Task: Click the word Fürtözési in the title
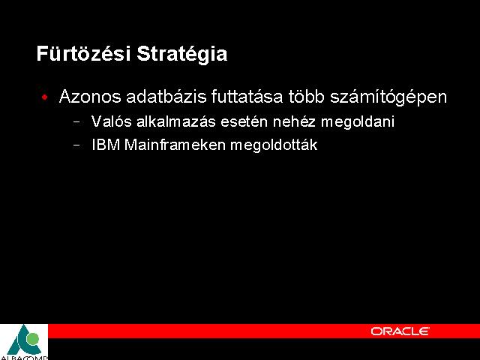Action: [83, 53]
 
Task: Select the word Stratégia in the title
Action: [181, 54]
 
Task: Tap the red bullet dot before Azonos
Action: [45, 97]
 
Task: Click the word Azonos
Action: [90, 97]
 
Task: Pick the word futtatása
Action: [247, 97]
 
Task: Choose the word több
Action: [307, 97]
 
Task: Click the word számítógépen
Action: [388, 97]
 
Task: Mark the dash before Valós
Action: [76, 122]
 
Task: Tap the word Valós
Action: [112, 121]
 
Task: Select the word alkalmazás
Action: [176, 121]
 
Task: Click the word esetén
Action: [244, 121]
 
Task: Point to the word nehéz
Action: [294, 121]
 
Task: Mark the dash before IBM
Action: [76, 145]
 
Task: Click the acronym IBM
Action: [106, 145]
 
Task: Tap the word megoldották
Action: [274, 145]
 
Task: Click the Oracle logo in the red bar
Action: [400, 331]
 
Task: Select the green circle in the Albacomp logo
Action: [32, 339]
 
